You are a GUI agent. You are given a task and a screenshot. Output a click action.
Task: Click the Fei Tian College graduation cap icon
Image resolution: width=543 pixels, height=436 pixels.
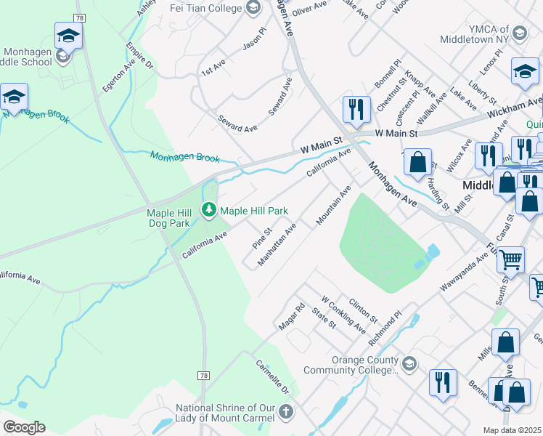click(253, 8)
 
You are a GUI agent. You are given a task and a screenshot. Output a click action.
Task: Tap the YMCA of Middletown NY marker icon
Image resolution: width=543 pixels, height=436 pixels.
click(520, 33)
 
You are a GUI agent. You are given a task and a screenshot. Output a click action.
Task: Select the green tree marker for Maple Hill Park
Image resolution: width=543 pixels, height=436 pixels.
click(209, 210)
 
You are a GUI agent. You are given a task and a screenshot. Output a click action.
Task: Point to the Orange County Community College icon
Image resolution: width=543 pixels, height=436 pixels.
click(409, 363)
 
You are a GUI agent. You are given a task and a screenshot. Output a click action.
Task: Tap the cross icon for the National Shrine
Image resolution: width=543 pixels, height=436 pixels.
click(286, 412)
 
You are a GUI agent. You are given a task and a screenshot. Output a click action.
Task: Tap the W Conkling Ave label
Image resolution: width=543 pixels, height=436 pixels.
click(343, 315)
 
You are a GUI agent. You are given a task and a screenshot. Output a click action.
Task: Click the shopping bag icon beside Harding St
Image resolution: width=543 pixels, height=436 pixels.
click(417, 164)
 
